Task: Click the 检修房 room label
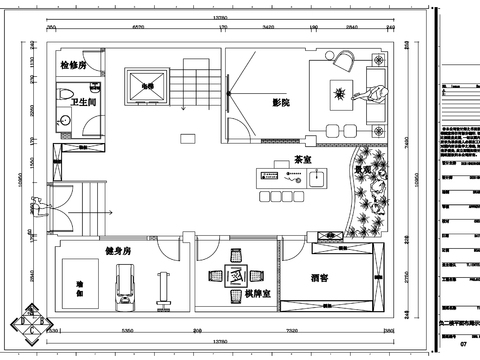[x=74, y=64]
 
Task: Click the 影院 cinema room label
[x=280, y=103]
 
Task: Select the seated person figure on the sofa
[x=375, y=95]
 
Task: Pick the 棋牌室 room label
[x=255, y=296]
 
